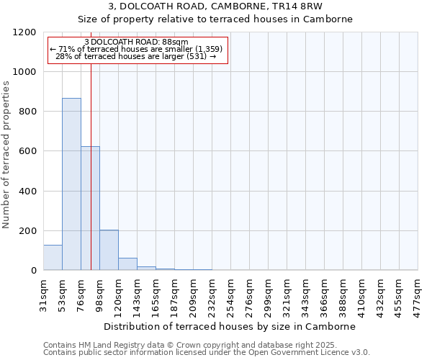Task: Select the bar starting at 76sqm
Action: [90, 209]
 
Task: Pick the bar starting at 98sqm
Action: [109, 251]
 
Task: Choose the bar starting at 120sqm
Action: [127, 264]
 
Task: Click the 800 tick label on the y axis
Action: [27, 112]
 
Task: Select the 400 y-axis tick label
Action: [27, 192]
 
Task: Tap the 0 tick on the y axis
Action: [34, 271]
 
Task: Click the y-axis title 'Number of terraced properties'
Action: [6, 155]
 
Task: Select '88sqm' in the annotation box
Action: [174, 42]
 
